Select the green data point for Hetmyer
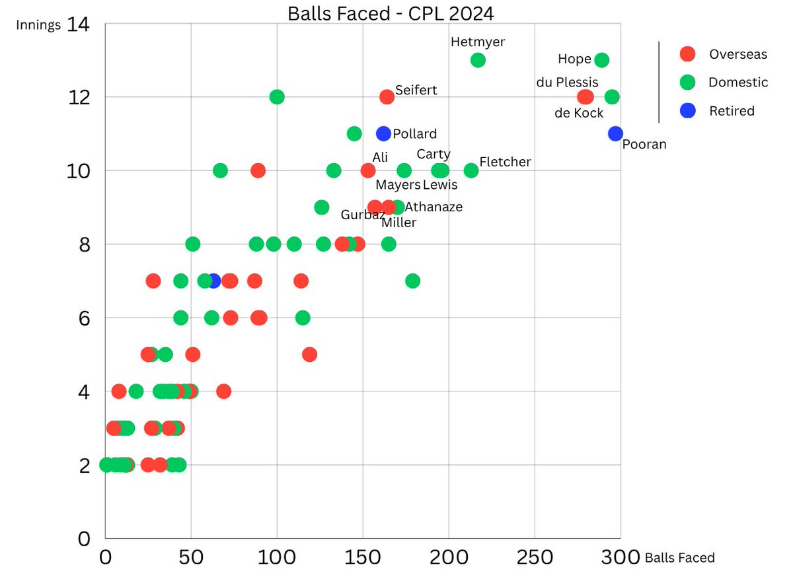pyautogui.click(x=478, y=60)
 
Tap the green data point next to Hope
pyautogui.click(x=601, y=60)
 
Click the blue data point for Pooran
pyautogui.click(x=615, y=133)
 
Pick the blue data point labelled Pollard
pyautogui.click(x=383, y=133)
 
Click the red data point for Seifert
pyautogui.click(x=387, y=97)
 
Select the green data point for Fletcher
pyautogui.click(x=471, y=170)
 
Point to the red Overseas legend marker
pyautogui.click(x=688, y=54)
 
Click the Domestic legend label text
pyautogui.click(x=737, y=83)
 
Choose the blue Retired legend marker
pyautogui.click(x=688, y=110)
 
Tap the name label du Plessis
pyautogui.click(x=567, y=83)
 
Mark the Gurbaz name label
pyautogui.click(x=363, y=215)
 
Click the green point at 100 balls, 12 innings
pyautogui.click(x=277, y=97)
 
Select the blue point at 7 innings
pyautogui.click(x=213, y=281)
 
